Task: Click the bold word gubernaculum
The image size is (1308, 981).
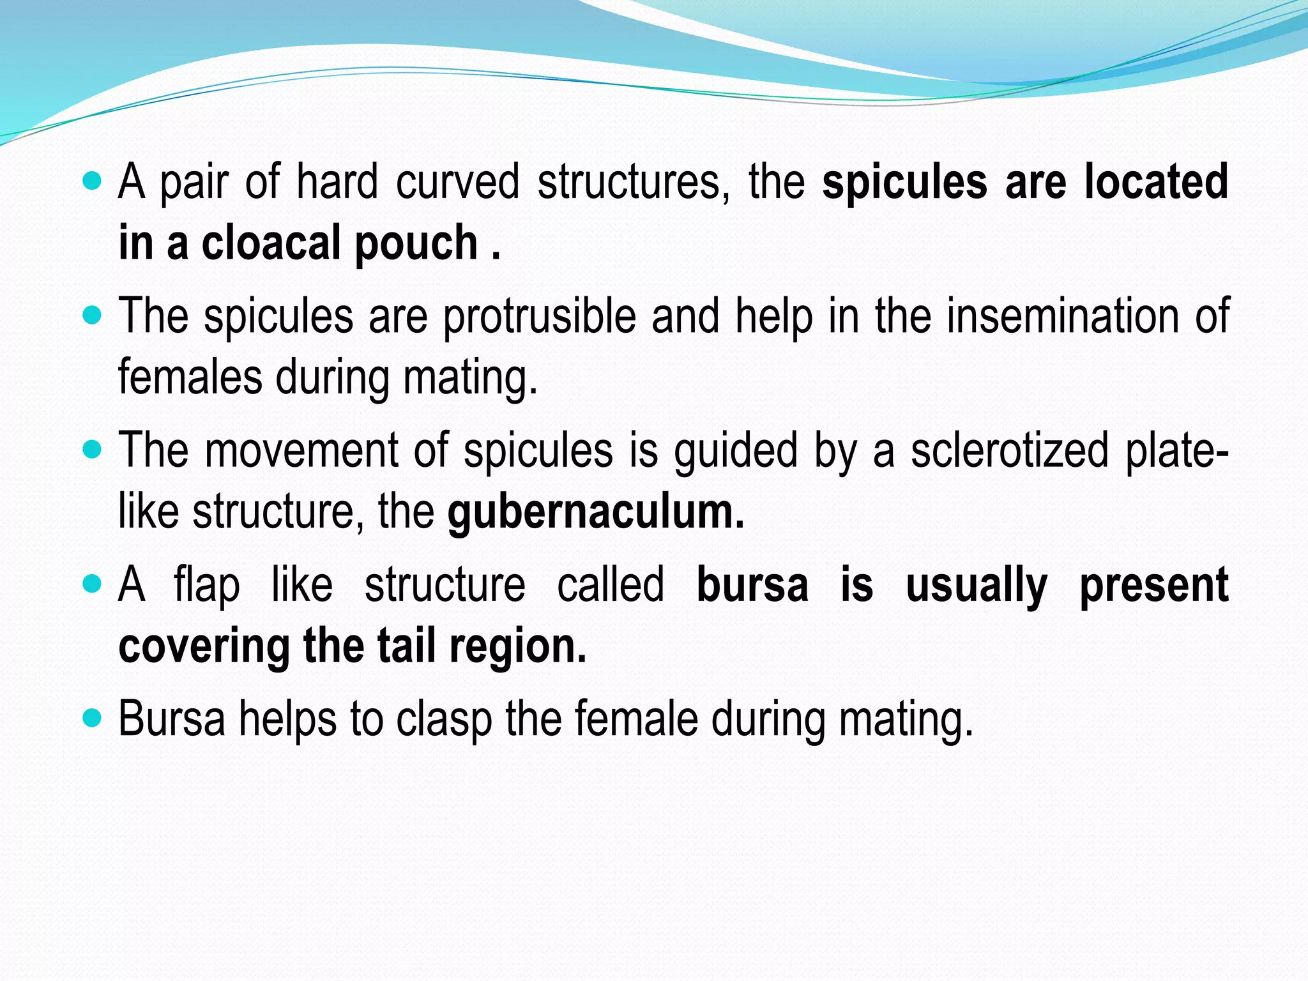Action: tap(595, 513)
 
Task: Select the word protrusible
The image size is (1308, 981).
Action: tap(540, 317)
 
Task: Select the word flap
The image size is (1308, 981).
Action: tap(207, 586)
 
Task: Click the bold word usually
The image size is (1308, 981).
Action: tap(977, 586)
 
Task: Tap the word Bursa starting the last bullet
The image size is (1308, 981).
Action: tap(172, 719)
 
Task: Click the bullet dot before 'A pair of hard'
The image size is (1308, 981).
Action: tap(93, 181)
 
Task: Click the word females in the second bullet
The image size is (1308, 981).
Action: tap(190, 377)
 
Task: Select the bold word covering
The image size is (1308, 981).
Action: tap(204, 647)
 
